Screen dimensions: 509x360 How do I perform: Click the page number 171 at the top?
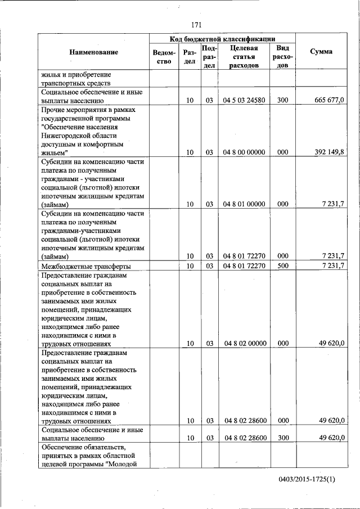point(196,24)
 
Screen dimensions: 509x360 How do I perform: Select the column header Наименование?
point(93,52)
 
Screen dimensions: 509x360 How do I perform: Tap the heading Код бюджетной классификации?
point(222,39)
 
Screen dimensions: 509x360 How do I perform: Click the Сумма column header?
point(321,52)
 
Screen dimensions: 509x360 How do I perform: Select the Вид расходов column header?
point(282,56)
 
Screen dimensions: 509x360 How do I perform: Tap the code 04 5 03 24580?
point(244,100)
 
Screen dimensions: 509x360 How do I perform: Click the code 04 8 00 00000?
point(244,152)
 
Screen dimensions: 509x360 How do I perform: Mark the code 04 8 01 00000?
point(244,205)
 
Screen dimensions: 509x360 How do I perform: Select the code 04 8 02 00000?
point(244,343)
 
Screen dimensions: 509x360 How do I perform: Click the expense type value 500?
point(282,265)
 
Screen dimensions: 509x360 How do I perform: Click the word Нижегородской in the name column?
point(70,136)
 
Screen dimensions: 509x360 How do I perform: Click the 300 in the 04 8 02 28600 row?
point(282,438)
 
